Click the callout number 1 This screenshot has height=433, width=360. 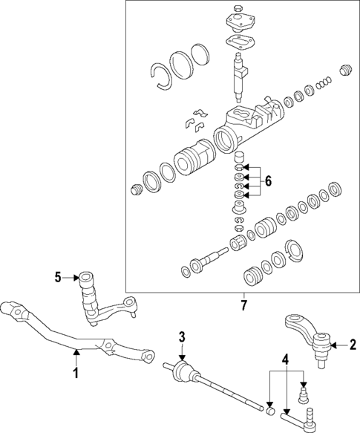coord(75,373)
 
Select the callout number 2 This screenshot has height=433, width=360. coord(353,345)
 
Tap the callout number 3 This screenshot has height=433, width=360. coord(180,338)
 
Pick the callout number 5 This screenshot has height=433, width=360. coord(58,278)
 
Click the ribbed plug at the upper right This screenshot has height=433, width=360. coord(344,71)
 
